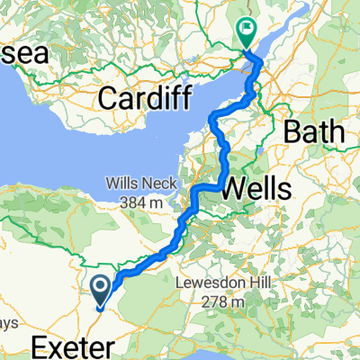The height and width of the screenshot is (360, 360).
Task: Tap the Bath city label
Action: tap(313, 132)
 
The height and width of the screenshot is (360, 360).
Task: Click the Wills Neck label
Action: tap(138, 178)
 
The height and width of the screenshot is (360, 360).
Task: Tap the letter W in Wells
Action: tap(229, 188)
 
